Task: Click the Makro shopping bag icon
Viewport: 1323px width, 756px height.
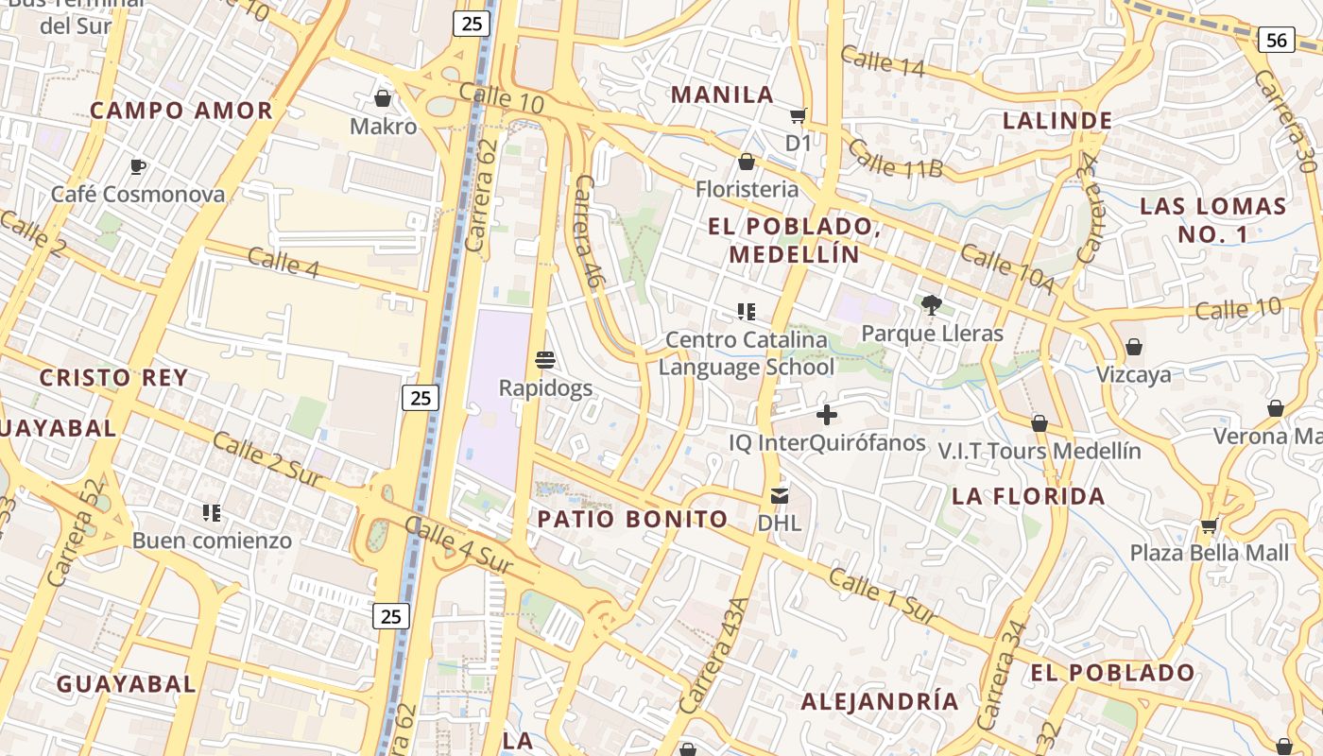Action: point(383,98)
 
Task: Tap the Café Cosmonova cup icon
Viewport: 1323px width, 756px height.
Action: point(138,167)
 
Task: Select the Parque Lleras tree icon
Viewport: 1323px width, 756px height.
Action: point(932,304)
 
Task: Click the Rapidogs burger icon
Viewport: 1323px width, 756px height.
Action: point(545,360)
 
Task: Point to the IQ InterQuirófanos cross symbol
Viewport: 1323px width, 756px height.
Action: point(827,415)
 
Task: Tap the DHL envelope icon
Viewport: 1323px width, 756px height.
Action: point(780,495)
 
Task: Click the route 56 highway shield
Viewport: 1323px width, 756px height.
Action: point(1276,40)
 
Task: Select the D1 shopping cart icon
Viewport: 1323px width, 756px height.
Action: point(799,116)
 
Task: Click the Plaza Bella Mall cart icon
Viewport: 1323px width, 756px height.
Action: point(1210,525)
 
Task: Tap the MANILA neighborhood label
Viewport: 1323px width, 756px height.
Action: point(723,94)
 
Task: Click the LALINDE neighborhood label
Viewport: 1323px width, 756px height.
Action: point(1057,121)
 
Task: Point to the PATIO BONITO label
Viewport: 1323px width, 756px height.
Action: point(633,519)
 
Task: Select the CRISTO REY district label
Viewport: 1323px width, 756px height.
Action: point(113,378)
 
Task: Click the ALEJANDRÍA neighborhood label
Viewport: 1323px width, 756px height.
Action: point(880,701)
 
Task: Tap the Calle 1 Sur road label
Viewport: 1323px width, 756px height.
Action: point(883,596)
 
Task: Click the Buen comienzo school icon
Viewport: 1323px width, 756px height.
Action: point(212,513)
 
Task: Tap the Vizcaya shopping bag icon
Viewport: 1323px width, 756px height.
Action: point(1134,348)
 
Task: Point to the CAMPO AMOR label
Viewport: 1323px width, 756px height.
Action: point(181,111)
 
